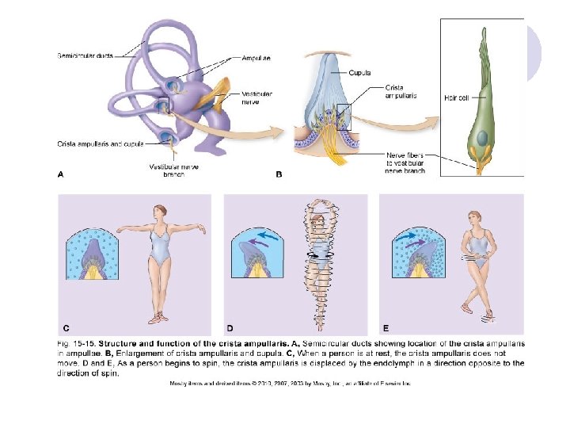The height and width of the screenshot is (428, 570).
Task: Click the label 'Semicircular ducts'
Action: [85, 55]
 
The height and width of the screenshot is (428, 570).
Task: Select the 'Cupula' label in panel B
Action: [360, 72]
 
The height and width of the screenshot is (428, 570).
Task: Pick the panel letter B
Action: [279, 174]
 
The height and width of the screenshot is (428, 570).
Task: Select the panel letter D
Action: [230, 327]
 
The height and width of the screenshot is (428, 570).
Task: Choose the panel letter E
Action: [386, 327]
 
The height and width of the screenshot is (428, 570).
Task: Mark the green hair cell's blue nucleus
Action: [481, 137]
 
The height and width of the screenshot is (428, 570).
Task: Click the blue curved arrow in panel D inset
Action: [264, 236]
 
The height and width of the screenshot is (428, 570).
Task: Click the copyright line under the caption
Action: [290, 383]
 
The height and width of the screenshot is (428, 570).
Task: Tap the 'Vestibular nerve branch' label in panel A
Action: [168, 170]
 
